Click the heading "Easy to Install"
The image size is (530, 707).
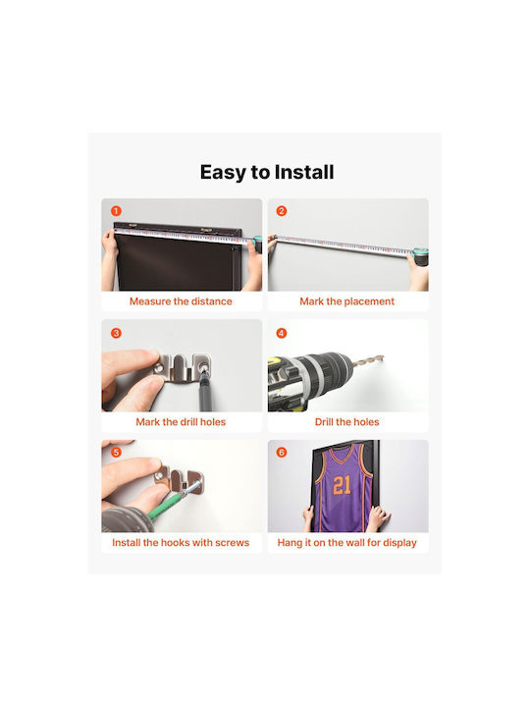(267, 172)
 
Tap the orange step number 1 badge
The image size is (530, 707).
(116, 211)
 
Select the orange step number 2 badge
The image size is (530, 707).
(282, 211)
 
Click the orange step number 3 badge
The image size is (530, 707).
(116, 333)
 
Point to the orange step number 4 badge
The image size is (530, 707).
(282, 333)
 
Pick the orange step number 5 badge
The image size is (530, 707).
(116, 453)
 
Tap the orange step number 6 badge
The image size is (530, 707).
(282, 453)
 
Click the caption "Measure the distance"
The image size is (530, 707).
(181, 301)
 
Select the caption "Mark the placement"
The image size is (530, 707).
(347, 301)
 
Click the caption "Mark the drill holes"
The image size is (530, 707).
(181, 422)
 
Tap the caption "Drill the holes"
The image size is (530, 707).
(347, 422)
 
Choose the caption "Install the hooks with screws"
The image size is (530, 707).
(181, 542)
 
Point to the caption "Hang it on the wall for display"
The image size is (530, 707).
(347, 542)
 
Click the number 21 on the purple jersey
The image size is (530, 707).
(342, 486)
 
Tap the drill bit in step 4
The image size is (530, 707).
(367, 360)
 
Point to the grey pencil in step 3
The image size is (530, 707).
(204, 389)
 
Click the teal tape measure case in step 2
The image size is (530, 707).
(420, 257)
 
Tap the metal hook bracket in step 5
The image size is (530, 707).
(180, 480)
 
